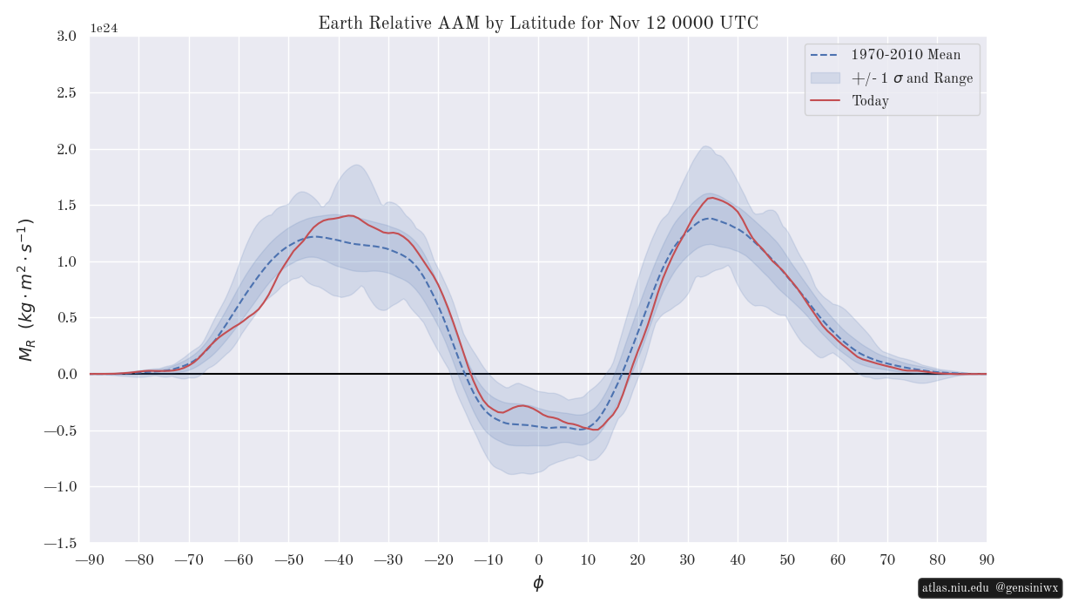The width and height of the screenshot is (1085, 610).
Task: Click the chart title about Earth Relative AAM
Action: pos(538,24)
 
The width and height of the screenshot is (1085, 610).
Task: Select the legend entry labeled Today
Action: pos(870,101)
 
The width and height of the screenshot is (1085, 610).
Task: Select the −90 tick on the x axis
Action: pos(90,559)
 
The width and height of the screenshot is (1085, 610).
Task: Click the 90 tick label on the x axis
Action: pos(987,559)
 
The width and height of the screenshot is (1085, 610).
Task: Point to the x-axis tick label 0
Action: pos(538,559)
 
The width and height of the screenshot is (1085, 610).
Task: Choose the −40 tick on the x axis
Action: pos(339,559)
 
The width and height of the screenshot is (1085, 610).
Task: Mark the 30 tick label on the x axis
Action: pos(688,559)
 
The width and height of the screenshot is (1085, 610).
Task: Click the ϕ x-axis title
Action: pos(538,583)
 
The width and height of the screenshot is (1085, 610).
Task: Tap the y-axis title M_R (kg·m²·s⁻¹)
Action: pos(25,289)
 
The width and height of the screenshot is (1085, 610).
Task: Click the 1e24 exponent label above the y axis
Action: pos(104,28)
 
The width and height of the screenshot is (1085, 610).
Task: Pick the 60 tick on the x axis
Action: pos(838,559)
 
